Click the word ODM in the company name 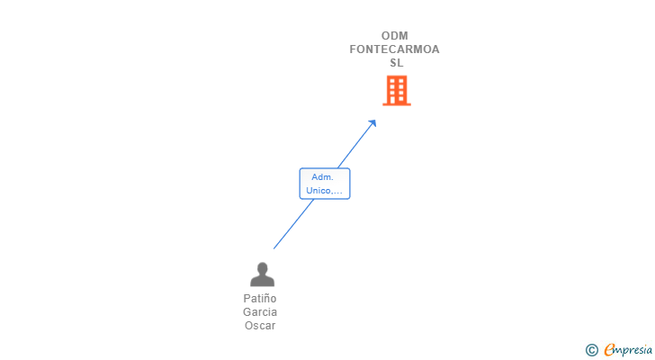click(395, 36)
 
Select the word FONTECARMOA click(395, 49)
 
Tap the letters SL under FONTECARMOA click(396, 63)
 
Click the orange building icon click(397, 90)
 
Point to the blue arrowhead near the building click(372, 123)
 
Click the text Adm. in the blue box click(322, 177)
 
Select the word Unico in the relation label click(318, 191)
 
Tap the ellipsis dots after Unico click(337, 192)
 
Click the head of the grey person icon click(262, 267)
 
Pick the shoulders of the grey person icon click(262, 281)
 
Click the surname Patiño click(260, 299)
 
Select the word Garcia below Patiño click(260, 312)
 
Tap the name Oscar click(260, 326)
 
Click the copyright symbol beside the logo click(591, 350)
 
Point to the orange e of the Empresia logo click(609, 350)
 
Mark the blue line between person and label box click(293, 225)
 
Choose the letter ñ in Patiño click(266, 299)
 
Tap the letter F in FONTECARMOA click(354, 49)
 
